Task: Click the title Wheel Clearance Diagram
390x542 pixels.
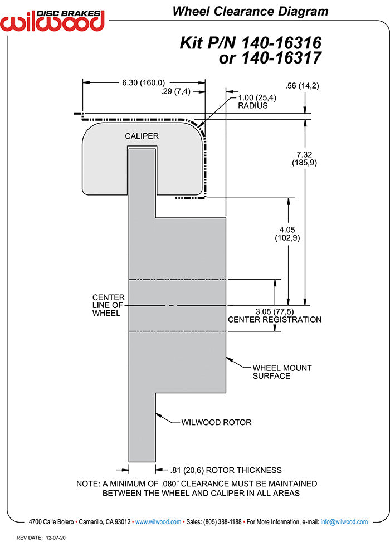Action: tap(250, 11)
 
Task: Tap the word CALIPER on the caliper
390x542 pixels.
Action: tap(142, 136)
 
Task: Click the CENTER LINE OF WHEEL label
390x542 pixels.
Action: tap(108, 305)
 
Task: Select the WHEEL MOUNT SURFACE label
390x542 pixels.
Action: tap(282, 372)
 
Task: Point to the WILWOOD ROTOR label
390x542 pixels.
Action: tap(216, 422)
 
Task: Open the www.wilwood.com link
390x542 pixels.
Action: tap(158, 522)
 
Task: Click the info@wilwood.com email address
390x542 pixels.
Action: tap(344, 522)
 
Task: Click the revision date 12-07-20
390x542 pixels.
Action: tap(57, 538)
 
